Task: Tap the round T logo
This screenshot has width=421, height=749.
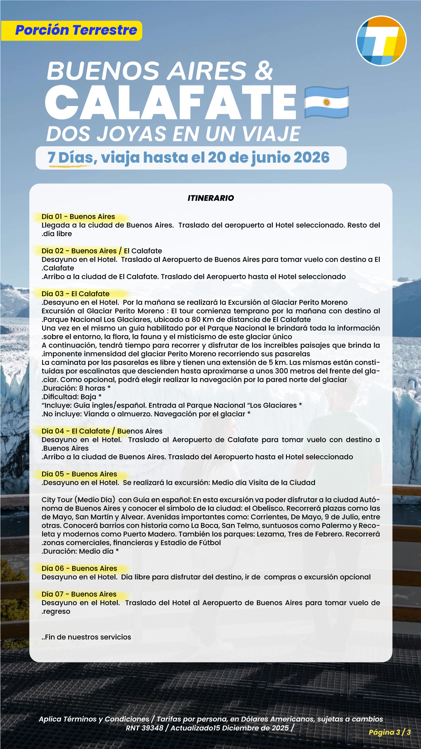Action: pos(381,41)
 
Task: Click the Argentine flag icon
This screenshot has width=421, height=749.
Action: pos(326,102)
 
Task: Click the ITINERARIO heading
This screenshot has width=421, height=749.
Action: pos(210,198)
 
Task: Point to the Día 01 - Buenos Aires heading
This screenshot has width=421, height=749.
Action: pos(78,217)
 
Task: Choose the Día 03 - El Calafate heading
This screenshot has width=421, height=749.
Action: pos(76,294)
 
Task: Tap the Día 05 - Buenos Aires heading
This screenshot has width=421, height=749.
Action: pos(80,474)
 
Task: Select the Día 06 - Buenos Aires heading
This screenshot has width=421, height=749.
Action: pos(80,568)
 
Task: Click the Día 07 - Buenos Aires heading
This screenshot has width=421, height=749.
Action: pos(79,594)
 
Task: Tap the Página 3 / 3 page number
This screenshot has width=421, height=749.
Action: pos(389,732)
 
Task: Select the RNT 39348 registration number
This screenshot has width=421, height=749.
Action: pos(145,728)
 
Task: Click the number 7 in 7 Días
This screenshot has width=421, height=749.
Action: pos(51,158)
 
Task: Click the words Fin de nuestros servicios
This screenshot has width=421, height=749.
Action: pos(88,637)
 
